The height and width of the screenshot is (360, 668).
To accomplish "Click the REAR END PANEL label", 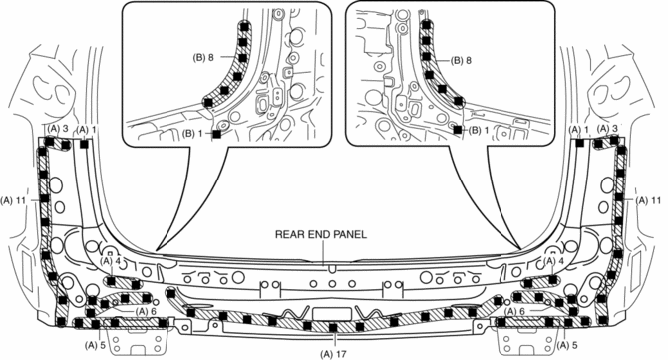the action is [321, 234].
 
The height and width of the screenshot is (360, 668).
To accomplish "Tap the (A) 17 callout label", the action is [334, 353].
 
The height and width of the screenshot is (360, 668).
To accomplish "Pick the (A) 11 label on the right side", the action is [648, 200].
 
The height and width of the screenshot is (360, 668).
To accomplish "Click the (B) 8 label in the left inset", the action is [203, 58].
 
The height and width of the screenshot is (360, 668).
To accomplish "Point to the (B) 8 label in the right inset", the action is [461, 61].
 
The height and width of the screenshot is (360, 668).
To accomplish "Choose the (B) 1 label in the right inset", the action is [479, 131].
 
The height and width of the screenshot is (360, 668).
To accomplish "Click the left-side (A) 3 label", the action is [58, 128].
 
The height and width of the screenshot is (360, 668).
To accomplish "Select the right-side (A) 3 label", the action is [607, 128].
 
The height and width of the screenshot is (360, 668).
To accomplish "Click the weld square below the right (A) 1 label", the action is [579, 144].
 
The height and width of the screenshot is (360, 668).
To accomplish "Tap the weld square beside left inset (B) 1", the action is [216, 134].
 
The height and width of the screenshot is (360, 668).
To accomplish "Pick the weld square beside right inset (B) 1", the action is [458, 129].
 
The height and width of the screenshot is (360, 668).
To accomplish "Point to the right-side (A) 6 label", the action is [515, 311].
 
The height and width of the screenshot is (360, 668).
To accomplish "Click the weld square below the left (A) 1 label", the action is [84, 144].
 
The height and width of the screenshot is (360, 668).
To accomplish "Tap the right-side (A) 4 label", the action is [554, 260].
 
